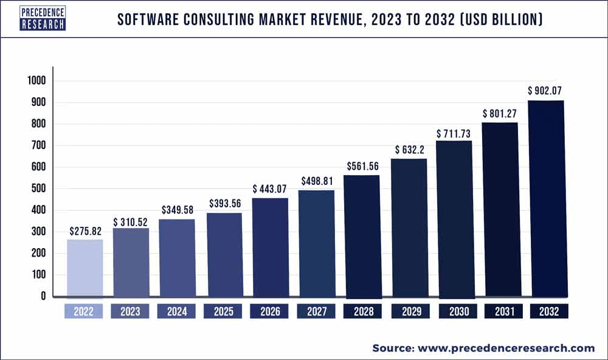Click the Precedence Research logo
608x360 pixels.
(x=43, y=19)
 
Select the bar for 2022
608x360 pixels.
(x=85, y=268)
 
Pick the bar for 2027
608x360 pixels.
(x=316, y=243)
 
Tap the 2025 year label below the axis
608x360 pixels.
(x=223, y=311)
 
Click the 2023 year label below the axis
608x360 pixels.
(x=130, y=311)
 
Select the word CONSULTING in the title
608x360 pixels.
(x=237, y=21)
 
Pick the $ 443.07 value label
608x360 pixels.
(x=270, y=187)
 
